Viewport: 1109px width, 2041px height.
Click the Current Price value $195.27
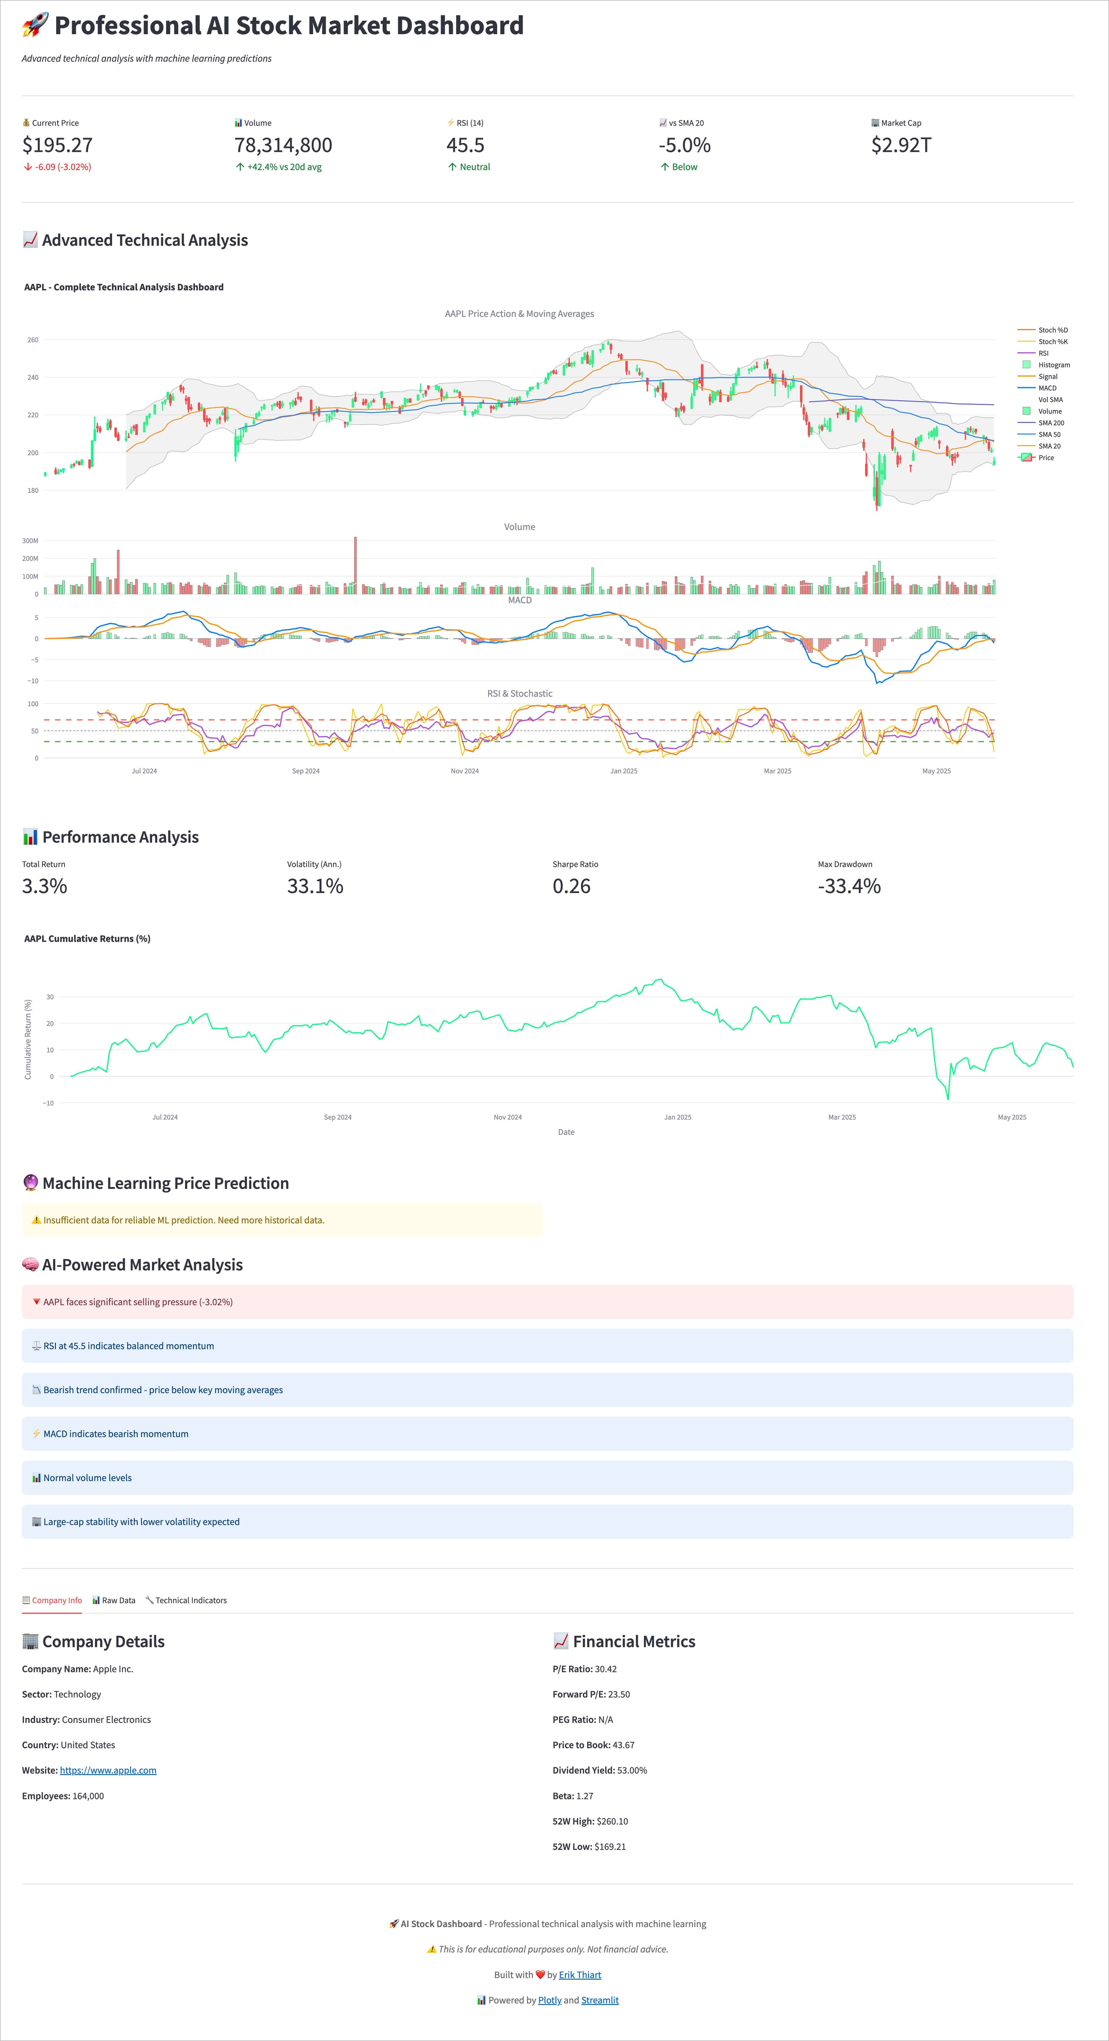(57, 145)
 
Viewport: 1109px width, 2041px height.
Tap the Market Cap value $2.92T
(901, 145)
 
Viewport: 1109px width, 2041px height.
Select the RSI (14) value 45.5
(465, 145)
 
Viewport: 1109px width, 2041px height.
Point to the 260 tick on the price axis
(32, 340)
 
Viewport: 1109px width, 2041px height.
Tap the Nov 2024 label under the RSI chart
(465, 771)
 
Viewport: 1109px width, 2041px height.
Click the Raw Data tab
(114, 1600)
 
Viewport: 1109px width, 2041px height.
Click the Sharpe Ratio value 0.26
(571, 886)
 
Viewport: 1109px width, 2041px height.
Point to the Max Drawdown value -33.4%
(849, 886)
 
